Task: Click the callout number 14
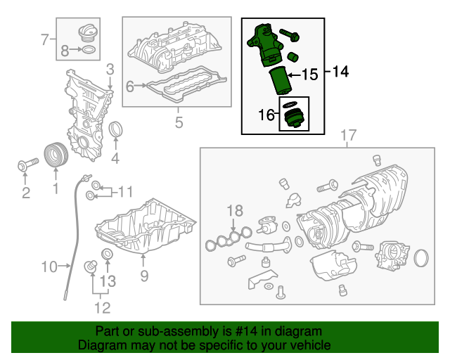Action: [340, 72]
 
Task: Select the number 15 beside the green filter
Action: [310, 74]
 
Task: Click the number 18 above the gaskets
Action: [234, 210]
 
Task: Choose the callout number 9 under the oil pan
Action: [143, 276]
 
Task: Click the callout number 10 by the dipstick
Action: [49, 266]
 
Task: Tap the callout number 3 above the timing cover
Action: [110, 69]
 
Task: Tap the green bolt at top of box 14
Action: [290, 33]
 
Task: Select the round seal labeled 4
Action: [116, 131]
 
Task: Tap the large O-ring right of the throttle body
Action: [422, 258]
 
